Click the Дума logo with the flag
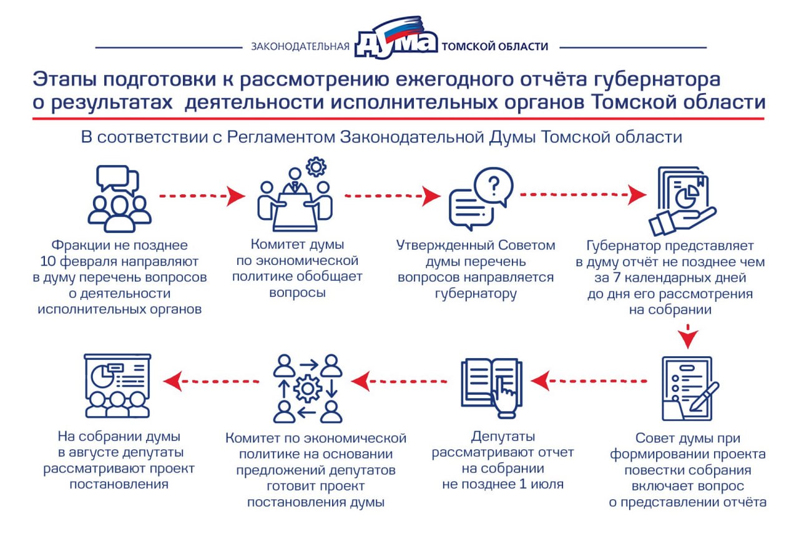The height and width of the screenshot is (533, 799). (396, 37)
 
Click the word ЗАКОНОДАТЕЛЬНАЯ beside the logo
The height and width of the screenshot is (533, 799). (300, 47)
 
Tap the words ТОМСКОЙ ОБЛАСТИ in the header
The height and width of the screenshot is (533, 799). (495, 46)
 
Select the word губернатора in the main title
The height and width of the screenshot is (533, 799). (657, 79)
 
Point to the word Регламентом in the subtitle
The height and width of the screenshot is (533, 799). (281, 137)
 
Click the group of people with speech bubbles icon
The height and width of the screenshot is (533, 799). (119, 199)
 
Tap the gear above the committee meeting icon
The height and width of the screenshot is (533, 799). (316, 167)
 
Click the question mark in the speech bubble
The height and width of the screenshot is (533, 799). (494, 186)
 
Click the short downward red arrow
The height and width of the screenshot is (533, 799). (688, 336)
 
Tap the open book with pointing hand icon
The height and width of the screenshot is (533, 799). (491, 387)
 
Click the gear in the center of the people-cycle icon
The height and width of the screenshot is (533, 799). (308, 389)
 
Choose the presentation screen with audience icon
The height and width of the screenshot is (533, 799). (117, 386)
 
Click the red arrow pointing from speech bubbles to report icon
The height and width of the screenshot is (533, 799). (583, 194)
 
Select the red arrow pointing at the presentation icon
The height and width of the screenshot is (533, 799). (211, 381)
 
